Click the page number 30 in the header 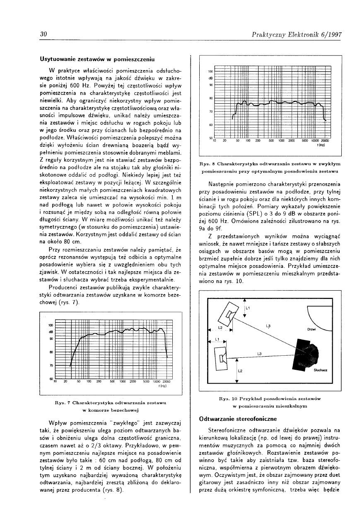pyautogui.click(x=43, y=35)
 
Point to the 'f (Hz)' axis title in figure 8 pyautogui.click(x=321, y=145)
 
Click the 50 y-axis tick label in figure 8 pyautogui.click(x=210, y=138)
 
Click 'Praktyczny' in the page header pyautogui.click(x=272, y=35)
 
